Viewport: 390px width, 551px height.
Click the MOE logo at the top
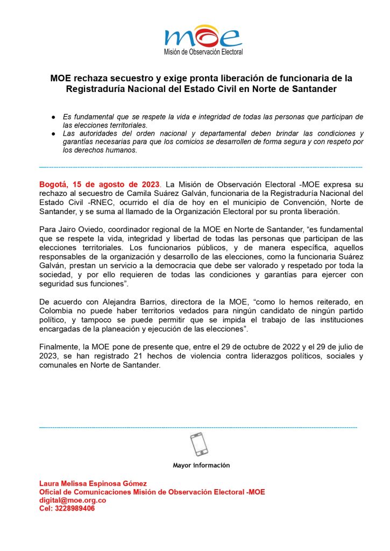(203, 36)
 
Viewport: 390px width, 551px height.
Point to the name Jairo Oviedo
(76, 229)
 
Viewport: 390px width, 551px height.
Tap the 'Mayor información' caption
(201, 465)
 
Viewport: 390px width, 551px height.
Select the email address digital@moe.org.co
(73, 500)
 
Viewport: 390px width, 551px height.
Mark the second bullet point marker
(54, 133)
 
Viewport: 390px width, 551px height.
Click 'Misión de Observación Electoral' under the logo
(203, 52)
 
